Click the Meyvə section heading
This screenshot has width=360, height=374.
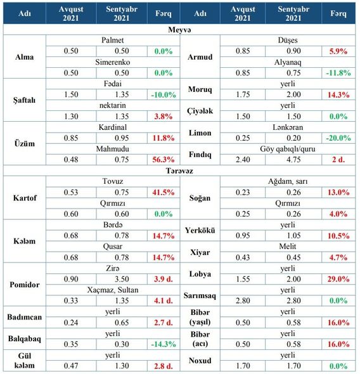[179, 30]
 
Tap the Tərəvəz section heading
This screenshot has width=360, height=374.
[179, 171]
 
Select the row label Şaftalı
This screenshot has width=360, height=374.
[24, 100]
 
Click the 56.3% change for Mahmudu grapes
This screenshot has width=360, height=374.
[164, 159]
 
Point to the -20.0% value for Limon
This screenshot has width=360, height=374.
[338, 138]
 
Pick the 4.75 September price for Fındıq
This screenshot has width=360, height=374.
[293, 159]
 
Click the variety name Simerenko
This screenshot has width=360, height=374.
[113, 62]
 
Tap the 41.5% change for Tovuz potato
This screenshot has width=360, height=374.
[164, 192]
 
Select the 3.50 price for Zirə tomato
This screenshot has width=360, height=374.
[122, 279]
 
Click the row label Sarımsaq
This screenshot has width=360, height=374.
[200, 295]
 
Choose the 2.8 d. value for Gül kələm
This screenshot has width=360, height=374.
[164, 366]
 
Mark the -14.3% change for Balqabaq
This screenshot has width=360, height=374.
[164, 344]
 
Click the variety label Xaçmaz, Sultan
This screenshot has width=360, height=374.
[113, 290]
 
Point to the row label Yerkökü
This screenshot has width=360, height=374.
[200, 230]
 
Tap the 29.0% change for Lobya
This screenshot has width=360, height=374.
[338, 279]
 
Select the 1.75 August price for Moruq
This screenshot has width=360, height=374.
[243, 94]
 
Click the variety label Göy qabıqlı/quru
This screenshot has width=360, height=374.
[288, 149]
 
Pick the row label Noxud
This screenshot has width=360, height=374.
[200, 361]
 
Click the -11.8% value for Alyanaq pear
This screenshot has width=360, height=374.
[338, 73]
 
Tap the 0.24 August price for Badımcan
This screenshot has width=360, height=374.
[71, 323]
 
